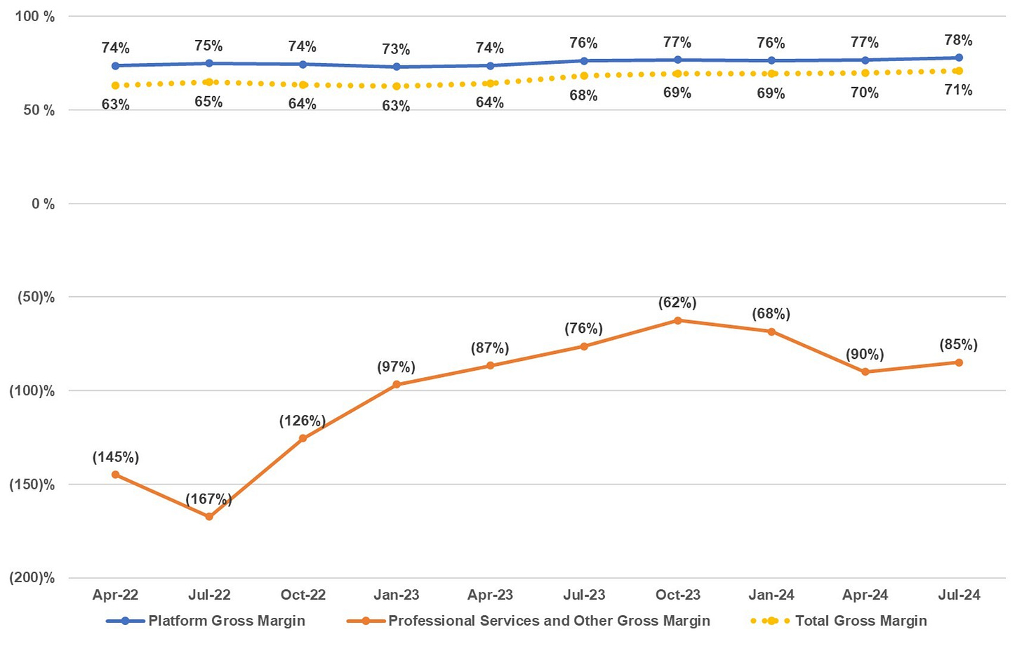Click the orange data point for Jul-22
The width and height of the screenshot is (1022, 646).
(x=209, y=516)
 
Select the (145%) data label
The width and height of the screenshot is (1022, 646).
(x=116, y=457)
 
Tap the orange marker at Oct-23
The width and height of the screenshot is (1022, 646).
(x=677, y=320)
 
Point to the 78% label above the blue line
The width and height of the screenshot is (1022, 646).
(x=958, y=40)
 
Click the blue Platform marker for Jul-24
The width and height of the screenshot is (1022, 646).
(x=959, y=58)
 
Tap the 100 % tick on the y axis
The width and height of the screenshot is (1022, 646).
(x=34, y=16)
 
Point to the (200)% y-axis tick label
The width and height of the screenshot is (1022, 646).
(x=32, y=578)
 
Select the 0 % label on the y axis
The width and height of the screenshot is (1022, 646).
(x=43, y=204)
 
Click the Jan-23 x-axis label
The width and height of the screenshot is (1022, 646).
(x=397, y=595)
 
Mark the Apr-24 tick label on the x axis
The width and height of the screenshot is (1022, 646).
(x=865, y=595)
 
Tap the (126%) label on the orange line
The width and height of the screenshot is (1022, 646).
(x=303, y=421)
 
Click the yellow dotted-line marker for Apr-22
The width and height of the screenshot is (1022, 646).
(x=115, y=86)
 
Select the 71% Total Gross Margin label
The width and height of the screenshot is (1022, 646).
(x=958, y=90)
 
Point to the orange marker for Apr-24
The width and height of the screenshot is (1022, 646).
(x=865, y=371)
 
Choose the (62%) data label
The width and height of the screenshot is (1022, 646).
(x=677, y=303)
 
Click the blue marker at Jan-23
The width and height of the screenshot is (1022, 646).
(x=397, y=67)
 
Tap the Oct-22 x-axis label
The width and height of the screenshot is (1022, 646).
(x=303, y=595)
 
